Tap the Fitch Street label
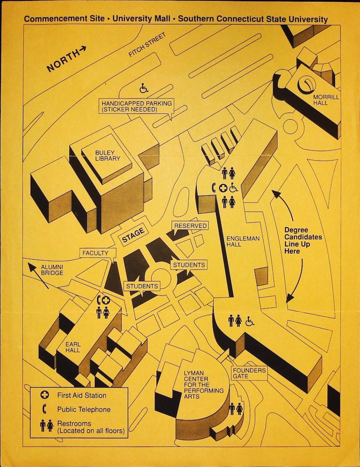[147, 45]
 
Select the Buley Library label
[108, 156]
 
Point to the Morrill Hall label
[326, 100]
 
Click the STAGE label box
[133, 235]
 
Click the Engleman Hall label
[243, 241]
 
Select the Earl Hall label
[73, 347]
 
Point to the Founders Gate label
[249, 373]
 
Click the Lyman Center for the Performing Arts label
[204, 384]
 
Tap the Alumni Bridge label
[52, 270]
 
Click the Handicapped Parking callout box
[137, 106]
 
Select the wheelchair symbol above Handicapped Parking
[144, 88]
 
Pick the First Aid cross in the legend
[44, 395]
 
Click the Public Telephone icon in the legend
[45, 409]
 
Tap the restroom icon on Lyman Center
[236, 409]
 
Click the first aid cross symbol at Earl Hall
[106, 300]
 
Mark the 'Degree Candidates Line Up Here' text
[303, 240]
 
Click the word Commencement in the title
[64, 18]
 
